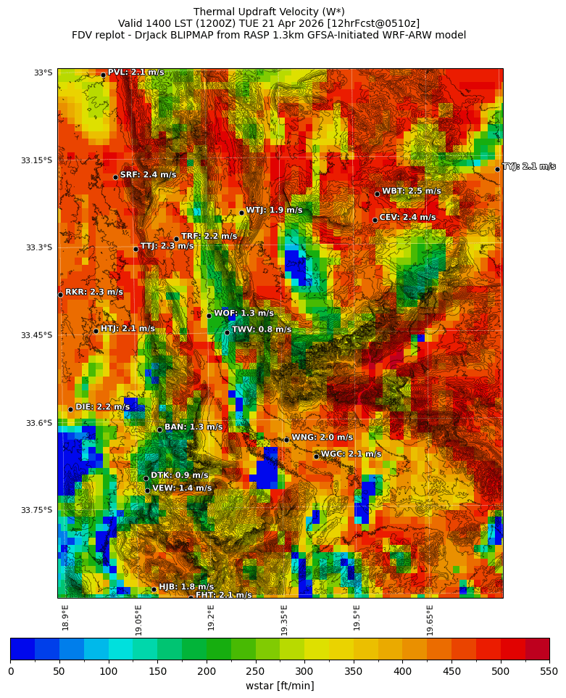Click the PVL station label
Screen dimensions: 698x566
(x=136, y=73)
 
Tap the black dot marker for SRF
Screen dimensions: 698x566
(x=115, y=177)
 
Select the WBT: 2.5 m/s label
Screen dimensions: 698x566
(x=411, y=192)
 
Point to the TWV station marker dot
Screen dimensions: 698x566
(x=227, y=332)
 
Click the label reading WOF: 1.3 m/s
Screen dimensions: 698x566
(x=244, y=313)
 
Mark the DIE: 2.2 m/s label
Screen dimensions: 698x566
(x=102, y=407)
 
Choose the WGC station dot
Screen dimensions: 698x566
(x=316, y=456)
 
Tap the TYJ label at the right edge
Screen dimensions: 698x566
(x=529, y=167)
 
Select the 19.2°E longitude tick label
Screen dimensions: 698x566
(x=211, y=617)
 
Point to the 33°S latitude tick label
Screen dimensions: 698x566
(x=43, y=73)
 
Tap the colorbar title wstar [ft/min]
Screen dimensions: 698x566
(x=280, y=686)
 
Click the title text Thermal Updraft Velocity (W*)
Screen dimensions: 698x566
(x=269, y=12)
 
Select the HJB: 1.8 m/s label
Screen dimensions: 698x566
(x=186, y=587)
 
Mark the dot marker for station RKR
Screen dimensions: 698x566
(x=60, y=295)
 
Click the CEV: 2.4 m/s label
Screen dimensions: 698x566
(x=407, y=218)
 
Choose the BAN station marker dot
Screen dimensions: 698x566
(x=159, y=430)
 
